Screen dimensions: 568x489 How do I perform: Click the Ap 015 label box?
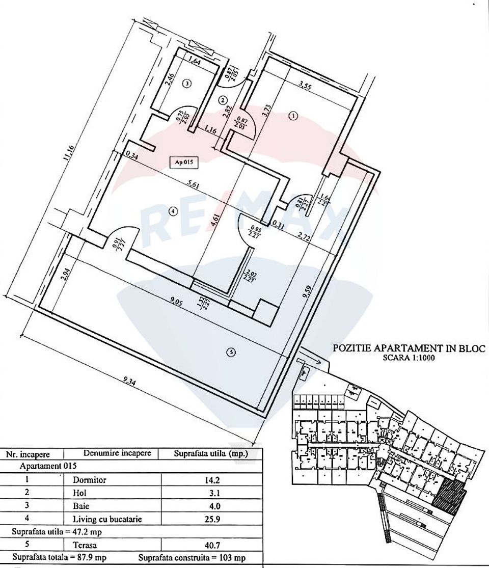point(183,163)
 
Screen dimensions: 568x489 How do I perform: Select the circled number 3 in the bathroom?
point(187,84)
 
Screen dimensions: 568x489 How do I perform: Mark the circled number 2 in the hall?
point(223,100)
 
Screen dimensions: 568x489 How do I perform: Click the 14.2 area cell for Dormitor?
point(211,480)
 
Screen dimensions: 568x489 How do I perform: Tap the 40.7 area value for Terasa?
point(211,545)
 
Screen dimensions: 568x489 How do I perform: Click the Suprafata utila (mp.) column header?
point(210,453)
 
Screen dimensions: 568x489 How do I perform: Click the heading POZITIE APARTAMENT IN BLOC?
point(409,348)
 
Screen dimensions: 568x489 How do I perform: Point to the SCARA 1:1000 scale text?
point(409,358)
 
